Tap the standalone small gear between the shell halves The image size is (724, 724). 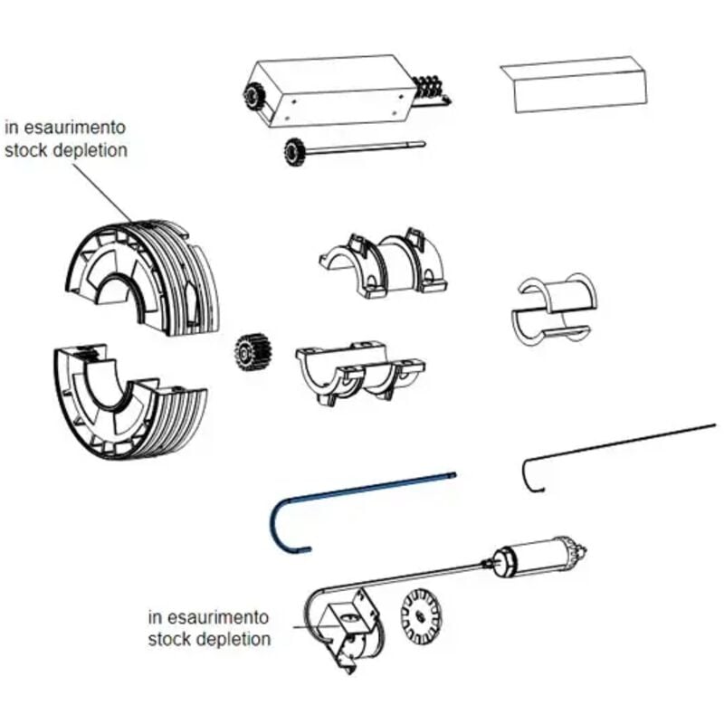[252, 354]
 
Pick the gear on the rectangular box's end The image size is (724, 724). [252, 96]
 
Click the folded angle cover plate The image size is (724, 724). [574, 84]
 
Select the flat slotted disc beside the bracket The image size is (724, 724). [420, 616]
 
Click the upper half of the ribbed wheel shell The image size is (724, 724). [143, 277]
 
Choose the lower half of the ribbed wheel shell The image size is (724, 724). [130, 401]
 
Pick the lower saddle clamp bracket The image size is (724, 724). [359, 373]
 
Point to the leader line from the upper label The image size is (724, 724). [102, 192]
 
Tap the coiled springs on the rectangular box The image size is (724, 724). [428, 89]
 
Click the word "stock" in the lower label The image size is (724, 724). [167, 640]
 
